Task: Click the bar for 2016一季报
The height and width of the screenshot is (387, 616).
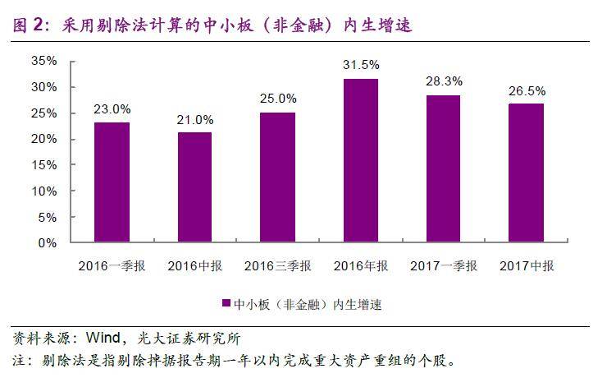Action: [112, 182]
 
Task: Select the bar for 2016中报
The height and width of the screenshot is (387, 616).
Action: [194, 187]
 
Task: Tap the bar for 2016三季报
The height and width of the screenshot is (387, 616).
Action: [277, 177]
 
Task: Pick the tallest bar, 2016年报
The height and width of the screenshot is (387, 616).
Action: [361, 160]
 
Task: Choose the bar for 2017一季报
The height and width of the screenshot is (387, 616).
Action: [444, 168]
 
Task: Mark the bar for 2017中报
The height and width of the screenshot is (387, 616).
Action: [527, 173]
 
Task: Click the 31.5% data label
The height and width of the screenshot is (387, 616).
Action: [361, 64]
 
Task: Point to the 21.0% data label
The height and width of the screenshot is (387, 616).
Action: [194, 119]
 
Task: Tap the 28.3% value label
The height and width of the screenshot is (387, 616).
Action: [444, 81]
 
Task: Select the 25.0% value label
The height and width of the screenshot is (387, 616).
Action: [277, 99]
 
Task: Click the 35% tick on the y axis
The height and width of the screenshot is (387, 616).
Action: [43, 61]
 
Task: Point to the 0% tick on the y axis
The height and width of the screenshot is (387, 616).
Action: [47, 243]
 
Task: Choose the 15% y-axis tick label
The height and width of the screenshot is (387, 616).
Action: [43, 165]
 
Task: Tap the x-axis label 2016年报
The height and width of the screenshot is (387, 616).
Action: [361, 266]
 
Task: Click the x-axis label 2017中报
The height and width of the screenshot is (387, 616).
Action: [527, 266]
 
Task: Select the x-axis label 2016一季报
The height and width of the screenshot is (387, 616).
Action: [112, 266]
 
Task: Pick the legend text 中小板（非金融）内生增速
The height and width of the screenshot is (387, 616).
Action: [308, 304]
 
